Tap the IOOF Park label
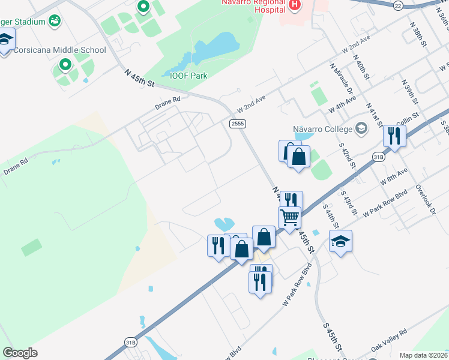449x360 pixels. coord(189,76)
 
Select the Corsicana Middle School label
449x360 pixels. coord(59,50)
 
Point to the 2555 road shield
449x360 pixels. coord(237,123)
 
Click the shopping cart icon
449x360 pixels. coord(289,217)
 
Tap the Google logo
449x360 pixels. coord(20,353)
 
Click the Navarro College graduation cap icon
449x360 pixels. coord(361,128)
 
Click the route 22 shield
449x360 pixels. coord(398,5)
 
